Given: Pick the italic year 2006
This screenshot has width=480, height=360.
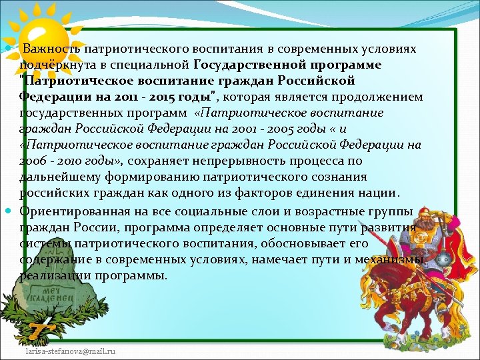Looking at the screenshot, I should (x=33, y=161).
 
